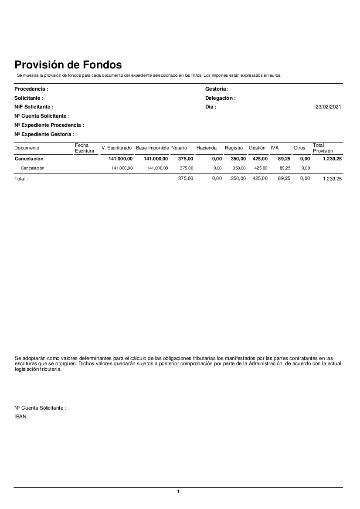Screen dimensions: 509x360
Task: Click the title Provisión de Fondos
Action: click(68, 65)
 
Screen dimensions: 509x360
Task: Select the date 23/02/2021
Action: click(328, 107)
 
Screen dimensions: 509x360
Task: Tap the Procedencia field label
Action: click(31, 89)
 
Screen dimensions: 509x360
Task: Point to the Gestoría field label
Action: click(217, 89)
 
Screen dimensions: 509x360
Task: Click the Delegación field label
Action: click(221, 98)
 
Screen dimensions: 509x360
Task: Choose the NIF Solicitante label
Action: click(34, 107)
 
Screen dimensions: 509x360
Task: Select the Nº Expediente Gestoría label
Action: click(44, 134)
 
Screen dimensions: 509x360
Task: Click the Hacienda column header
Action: click(207, 148)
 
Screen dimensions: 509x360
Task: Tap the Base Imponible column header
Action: click(152, 148)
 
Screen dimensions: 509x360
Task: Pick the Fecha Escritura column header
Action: click(84, 148)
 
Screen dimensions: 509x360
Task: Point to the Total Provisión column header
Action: click(323, 148)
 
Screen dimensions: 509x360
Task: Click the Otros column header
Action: click(299, 148)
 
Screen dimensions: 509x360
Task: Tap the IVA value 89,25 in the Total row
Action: click(284, 179)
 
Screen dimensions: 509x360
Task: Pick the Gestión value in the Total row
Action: click(260, 179)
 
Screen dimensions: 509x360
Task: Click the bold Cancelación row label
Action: click(29, 159)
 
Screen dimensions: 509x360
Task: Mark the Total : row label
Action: click(21, 179)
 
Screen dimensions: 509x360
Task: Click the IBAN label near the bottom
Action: click(22, 417)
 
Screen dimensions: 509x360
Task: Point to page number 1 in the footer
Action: click(178, 492)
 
